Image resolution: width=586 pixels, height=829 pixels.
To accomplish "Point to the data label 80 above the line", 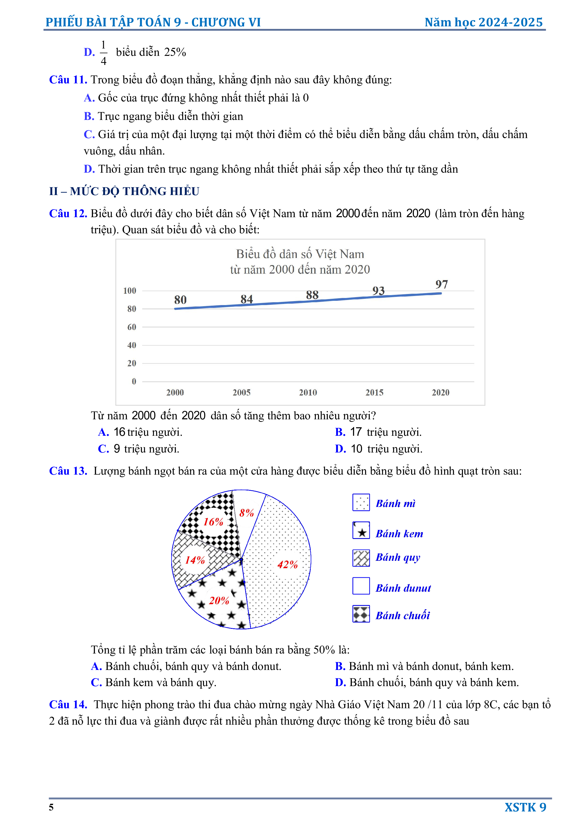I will (x=180, y=300).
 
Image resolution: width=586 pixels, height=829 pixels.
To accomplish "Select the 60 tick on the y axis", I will (x=132, y=327).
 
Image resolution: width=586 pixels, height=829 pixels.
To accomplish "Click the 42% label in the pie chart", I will (x=287, y=565).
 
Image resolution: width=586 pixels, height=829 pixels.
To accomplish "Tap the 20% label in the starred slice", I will (x=219, y=601).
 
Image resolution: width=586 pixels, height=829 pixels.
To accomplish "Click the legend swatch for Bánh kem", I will (x=361, y=530).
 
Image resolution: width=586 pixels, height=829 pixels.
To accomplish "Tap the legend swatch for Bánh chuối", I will (x=361, y=614).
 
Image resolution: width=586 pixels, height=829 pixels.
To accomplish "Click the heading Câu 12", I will (x=68, y=213).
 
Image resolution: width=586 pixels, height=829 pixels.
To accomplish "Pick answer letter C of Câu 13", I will (x=96, y=682).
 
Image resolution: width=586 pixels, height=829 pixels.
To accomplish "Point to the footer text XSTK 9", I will (x=525, y=807).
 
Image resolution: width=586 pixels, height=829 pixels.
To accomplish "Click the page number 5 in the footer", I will (x=51, y=808).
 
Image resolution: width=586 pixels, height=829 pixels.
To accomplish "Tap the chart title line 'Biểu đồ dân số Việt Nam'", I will (x=300, y=254).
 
